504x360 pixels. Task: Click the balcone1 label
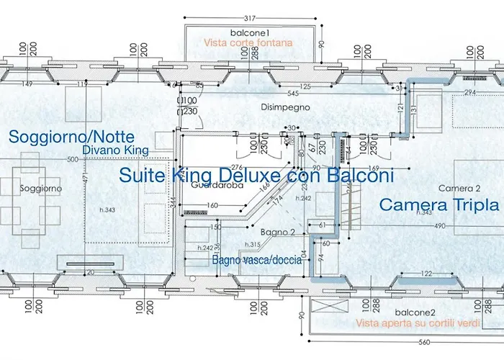coord(250,33)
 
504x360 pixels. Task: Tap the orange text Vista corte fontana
coord(248,43)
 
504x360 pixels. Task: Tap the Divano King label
coord(115,150)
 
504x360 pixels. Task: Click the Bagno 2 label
coord(277,233)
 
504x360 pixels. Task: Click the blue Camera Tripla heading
coord(439,204)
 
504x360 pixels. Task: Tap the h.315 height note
coord(272,246)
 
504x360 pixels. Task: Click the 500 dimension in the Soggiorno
coord(71,160)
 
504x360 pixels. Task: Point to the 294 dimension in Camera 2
coord(470,93)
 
